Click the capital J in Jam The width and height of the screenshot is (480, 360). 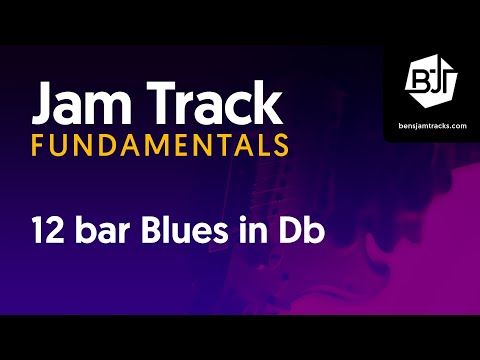[x=44, y=101]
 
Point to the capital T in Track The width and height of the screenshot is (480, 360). [x=171, y=101]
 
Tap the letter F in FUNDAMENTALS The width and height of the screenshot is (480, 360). [x=39, y=145]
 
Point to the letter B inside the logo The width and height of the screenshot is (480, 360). [x=420, y=80]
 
